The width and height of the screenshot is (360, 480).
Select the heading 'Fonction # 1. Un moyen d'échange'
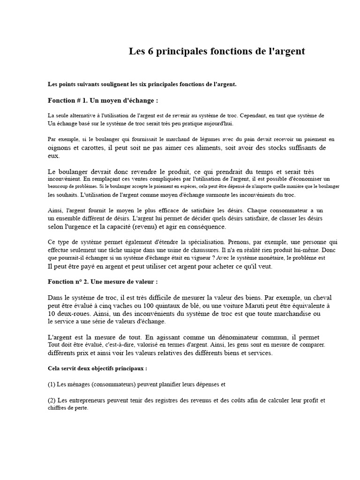103,100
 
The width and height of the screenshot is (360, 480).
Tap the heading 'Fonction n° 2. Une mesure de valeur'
103,282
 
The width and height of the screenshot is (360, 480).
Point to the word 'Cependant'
255,115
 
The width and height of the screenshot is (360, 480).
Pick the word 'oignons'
60,148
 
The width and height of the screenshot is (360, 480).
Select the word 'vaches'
121,306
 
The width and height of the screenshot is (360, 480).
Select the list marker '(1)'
52,384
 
